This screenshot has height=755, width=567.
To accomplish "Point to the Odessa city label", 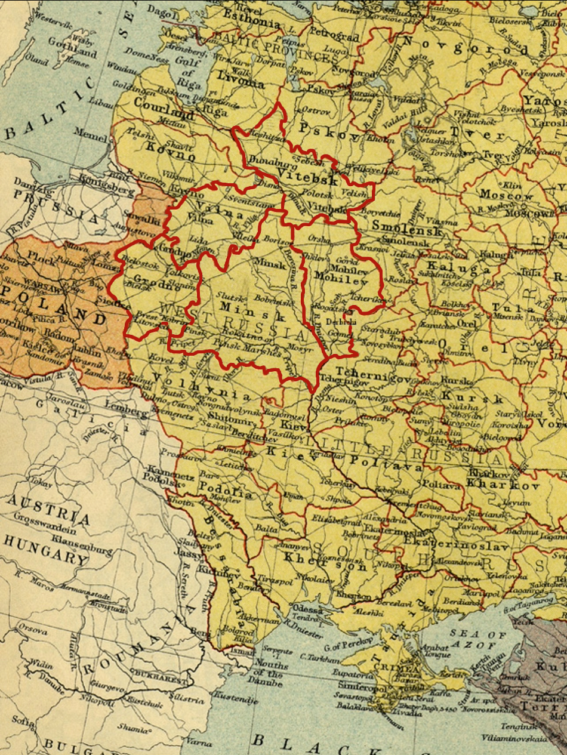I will pyautogui.click(x=310, y=611).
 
